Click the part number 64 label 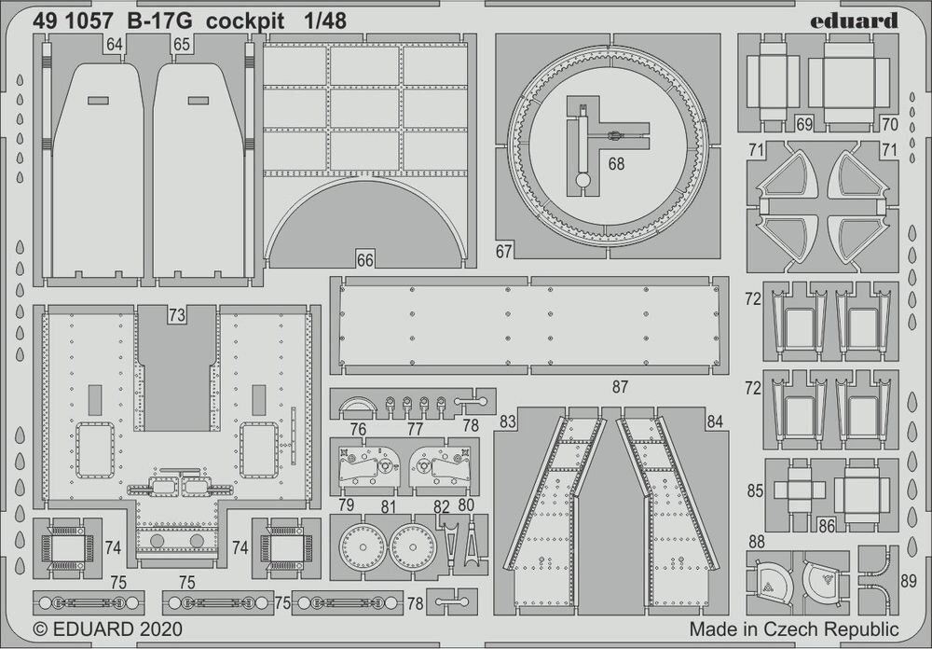(115, 44)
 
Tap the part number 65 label (181, 44)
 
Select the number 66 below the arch (364, 260)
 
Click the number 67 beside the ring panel (504, 251)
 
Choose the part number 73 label (177, 315)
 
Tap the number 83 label (507, 421)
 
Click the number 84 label (715, 421)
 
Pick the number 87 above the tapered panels (620, 386)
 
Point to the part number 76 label (358, 429)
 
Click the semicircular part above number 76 (358, 406)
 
